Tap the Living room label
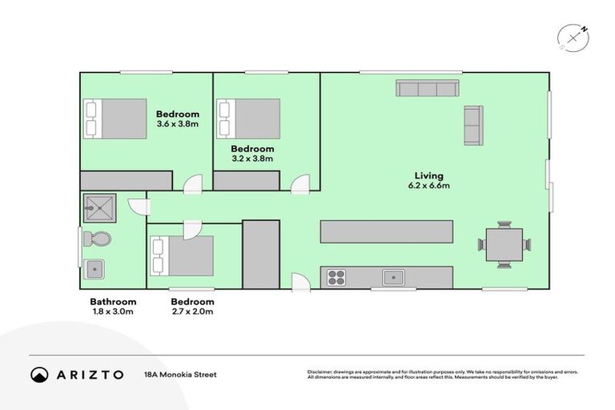tap(428, 175)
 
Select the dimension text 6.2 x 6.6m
tap(428, 186)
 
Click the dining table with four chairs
tap(504, 243)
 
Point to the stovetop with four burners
tap(336, 278)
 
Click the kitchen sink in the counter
tap(392, 278)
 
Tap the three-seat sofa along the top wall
tap(428, 88)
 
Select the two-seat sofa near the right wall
tap(474, 126)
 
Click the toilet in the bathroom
tap(98, 239)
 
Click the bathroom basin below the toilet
tap(96, 268)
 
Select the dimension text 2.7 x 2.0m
tap(192, 312)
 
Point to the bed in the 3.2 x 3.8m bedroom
tap(249, 118)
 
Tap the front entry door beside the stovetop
tap(301, 281)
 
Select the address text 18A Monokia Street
tap(179, 374)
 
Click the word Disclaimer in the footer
tap(320, 372)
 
